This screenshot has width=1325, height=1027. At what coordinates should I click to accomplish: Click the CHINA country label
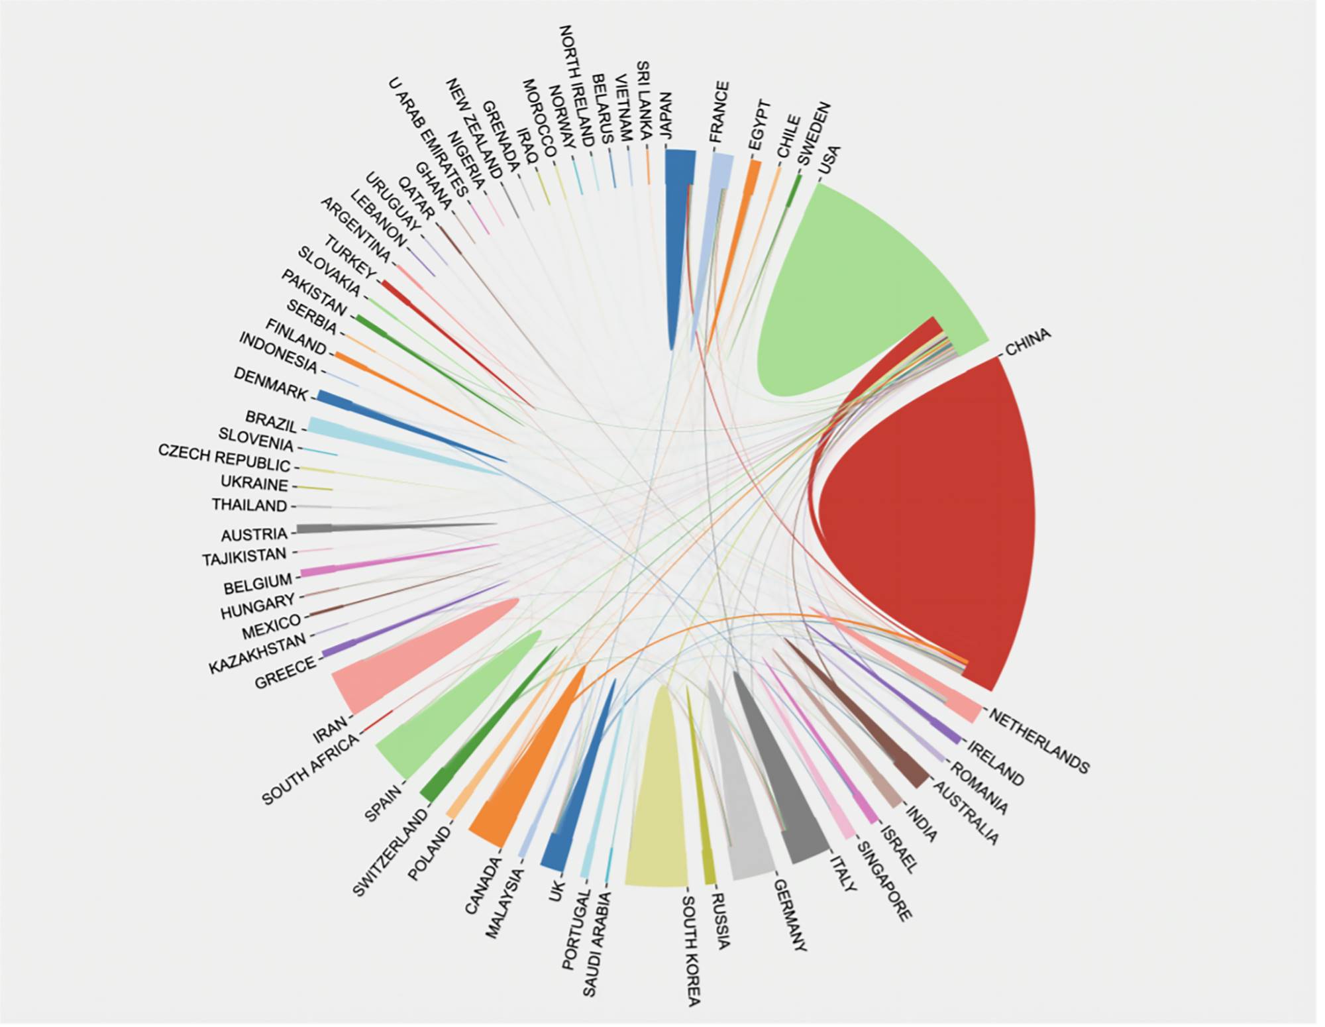1028,342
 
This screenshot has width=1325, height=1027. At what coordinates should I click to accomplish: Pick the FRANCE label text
719,113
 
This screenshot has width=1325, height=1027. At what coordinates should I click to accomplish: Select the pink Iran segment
397,669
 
